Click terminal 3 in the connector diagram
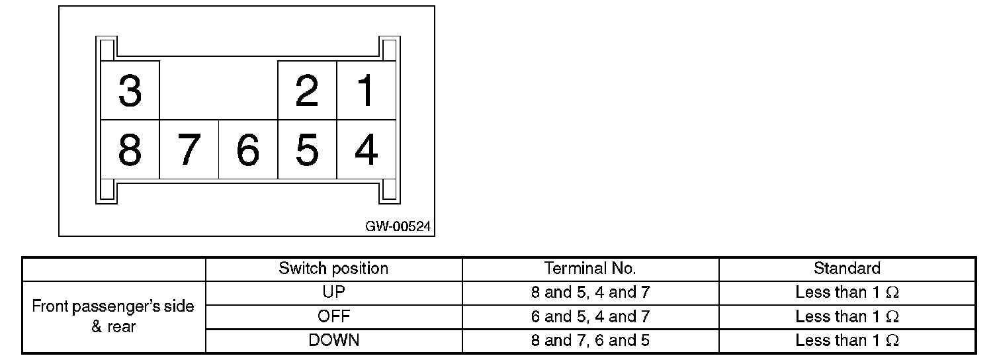(x=130, y=91)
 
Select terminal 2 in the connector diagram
(x=307, y=91)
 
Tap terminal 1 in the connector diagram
(x=366, y=91)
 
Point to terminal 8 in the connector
(x=130, y=150)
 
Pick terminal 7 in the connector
(x=189, y=150)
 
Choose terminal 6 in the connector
(x=248, y=150)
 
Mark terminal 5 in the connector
(x=307, y=150)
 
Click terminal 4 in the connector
(x=366, y=150)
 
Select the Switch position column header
(x=333, y=269)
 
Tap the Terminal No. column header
(x=590, y=269)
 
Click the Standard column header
(x=847, y=269)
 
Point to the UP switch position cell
(x=333, y=292)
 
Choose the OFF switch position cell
(x=333, y=316)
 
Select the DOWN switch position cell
(x=333, y=341)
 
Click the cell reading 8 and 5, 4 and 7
(x=590, y=292)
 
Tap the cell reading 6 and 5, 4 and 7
(x=590, y=316)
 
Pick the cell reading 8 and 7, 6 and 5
(x=590, y=341)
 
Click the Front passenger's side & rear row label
(x=113, y=316)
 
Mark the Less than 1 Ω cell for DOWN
(x=847, y=341)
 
